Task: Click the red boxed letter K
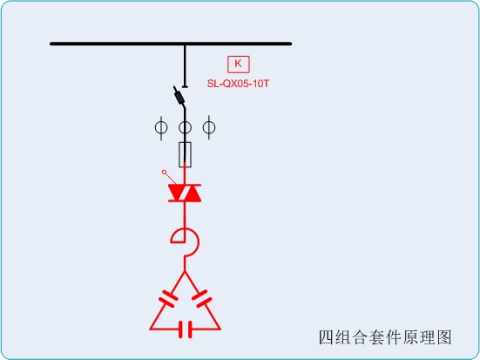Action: point(238,64)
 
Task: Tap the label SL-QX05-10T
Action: point(238,84)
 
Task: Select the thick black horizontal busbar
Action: point(171,44)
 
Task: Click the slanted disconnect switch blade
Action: point(179,97)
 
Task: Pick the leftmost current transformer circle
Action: point(161,127)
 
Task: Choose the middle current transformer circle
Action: point(185,127)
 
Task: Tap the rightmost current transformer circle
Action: point(209,127)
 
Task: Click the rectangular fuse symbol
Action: point(185,155)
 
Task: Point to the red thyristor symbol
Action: point(185,193)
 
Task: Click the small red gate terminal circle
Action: point(164,173)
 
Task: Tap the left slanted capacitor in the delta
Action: point(168,298)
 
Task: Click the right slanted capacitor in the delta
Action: point(202,298)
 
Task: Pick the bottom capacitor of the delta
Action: point(186,329)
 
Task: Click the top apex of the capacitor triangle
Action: point(185,271)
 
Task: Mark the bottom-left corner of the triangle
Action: point(150,329)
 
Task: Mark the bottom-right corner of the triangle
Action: point(220,329)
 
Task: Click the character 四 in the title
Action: point(327,337)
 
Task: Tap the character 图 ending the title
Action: point(444,337)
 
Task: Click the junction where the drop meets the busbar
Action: point(185,44)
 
